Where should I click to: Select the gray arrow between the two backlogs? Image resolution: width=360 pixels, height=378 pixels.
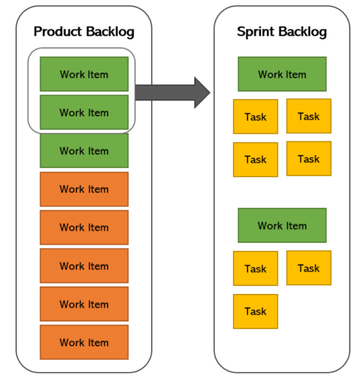pyautogui.click(x=173, y=91)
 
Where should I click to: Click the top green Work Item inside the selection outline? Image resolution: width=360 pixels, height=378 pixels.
pyautogui.click(x=84, y=74)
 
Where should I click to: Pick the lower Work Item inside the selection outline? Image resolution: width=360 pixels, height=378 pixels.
pyautogui.click(x=84, y=113)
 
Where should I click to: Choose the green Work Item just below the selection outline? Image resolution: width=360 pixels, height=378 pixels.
pyautogui.click(x=84, y=150)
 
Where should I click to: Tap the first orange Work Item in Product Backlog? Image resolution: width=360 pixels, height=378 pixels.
pyautogui.click(x=84, y=189)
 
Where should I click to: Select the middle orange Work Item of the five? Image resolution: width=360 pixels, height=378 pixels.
pyautogui.click(x=84, y=266)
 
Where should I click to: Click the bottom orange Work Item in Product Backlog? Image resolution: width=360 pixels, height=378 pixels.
pyautogui.click(x=84, y=342)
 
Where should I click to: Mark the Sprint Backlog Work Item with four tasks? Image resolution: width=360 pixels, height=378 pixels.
pyautogui.click(x=282, y=74)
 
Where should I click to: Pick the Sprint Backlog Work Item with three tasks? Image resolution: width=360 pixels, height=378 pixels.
pyautogui.click(x=282, y=225)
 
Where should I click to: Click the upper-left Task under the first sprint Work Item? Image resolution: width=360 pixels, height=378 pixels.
pyautogui.click(x=256, y=116)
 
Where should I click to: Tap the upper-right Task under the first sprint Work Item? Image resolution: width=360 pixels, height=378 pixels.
pyautogui.click(x=309, y=116)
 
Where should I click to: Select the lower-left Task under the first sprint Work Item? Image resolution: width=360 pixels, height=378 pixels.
pyautogui.click(x=256, y=160)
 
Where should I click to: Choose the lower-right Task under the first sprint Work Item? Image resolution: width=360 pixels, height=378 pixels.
pyautogui.click(x=309, y=159)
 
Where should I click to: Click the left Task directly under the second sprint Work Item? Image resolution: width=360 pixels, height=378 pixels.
pyautogui.click(x=256, y=268)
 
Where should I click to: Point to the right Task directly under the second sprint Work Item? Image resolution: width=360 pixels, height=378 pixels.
pyautogui.click(x=309, y=268)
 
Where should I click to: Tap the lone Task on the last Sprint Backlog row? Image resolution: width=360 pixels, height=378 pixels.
pyautogui.click(x=256, y=311)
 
